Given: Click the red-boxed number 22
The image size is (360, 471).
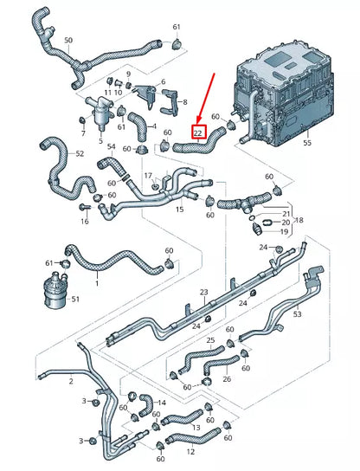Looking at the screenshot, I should click(x=198, y=133).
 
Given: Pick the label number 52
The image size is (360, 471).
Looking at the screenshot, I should click(x=80, y=154).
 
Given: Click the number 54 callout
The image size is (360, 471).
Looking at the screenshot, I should click(x=111, y=148).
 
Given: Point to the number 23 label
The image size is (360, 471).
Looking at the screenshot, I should click(x=204, y=292).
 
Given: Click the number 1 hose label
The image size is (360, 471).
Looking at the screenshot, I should click(x=97, y=283).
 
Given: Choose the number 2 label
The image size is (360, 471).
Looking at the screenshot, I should click(x=70, y=381).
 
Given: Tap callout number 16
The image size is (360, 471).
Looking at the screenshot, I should click(x=85, y=222).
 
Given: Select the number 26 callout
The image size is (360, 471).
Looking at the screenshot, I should click(x=227, y=378).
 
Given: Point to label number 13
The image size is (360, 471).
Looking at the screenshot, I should click(x=196, y=427).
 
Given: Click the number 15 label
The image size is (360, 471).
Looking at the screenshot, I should click(x=179, y=210).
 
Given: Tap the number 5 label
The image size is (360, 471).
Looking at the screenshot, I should click(x=101, y=140).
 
